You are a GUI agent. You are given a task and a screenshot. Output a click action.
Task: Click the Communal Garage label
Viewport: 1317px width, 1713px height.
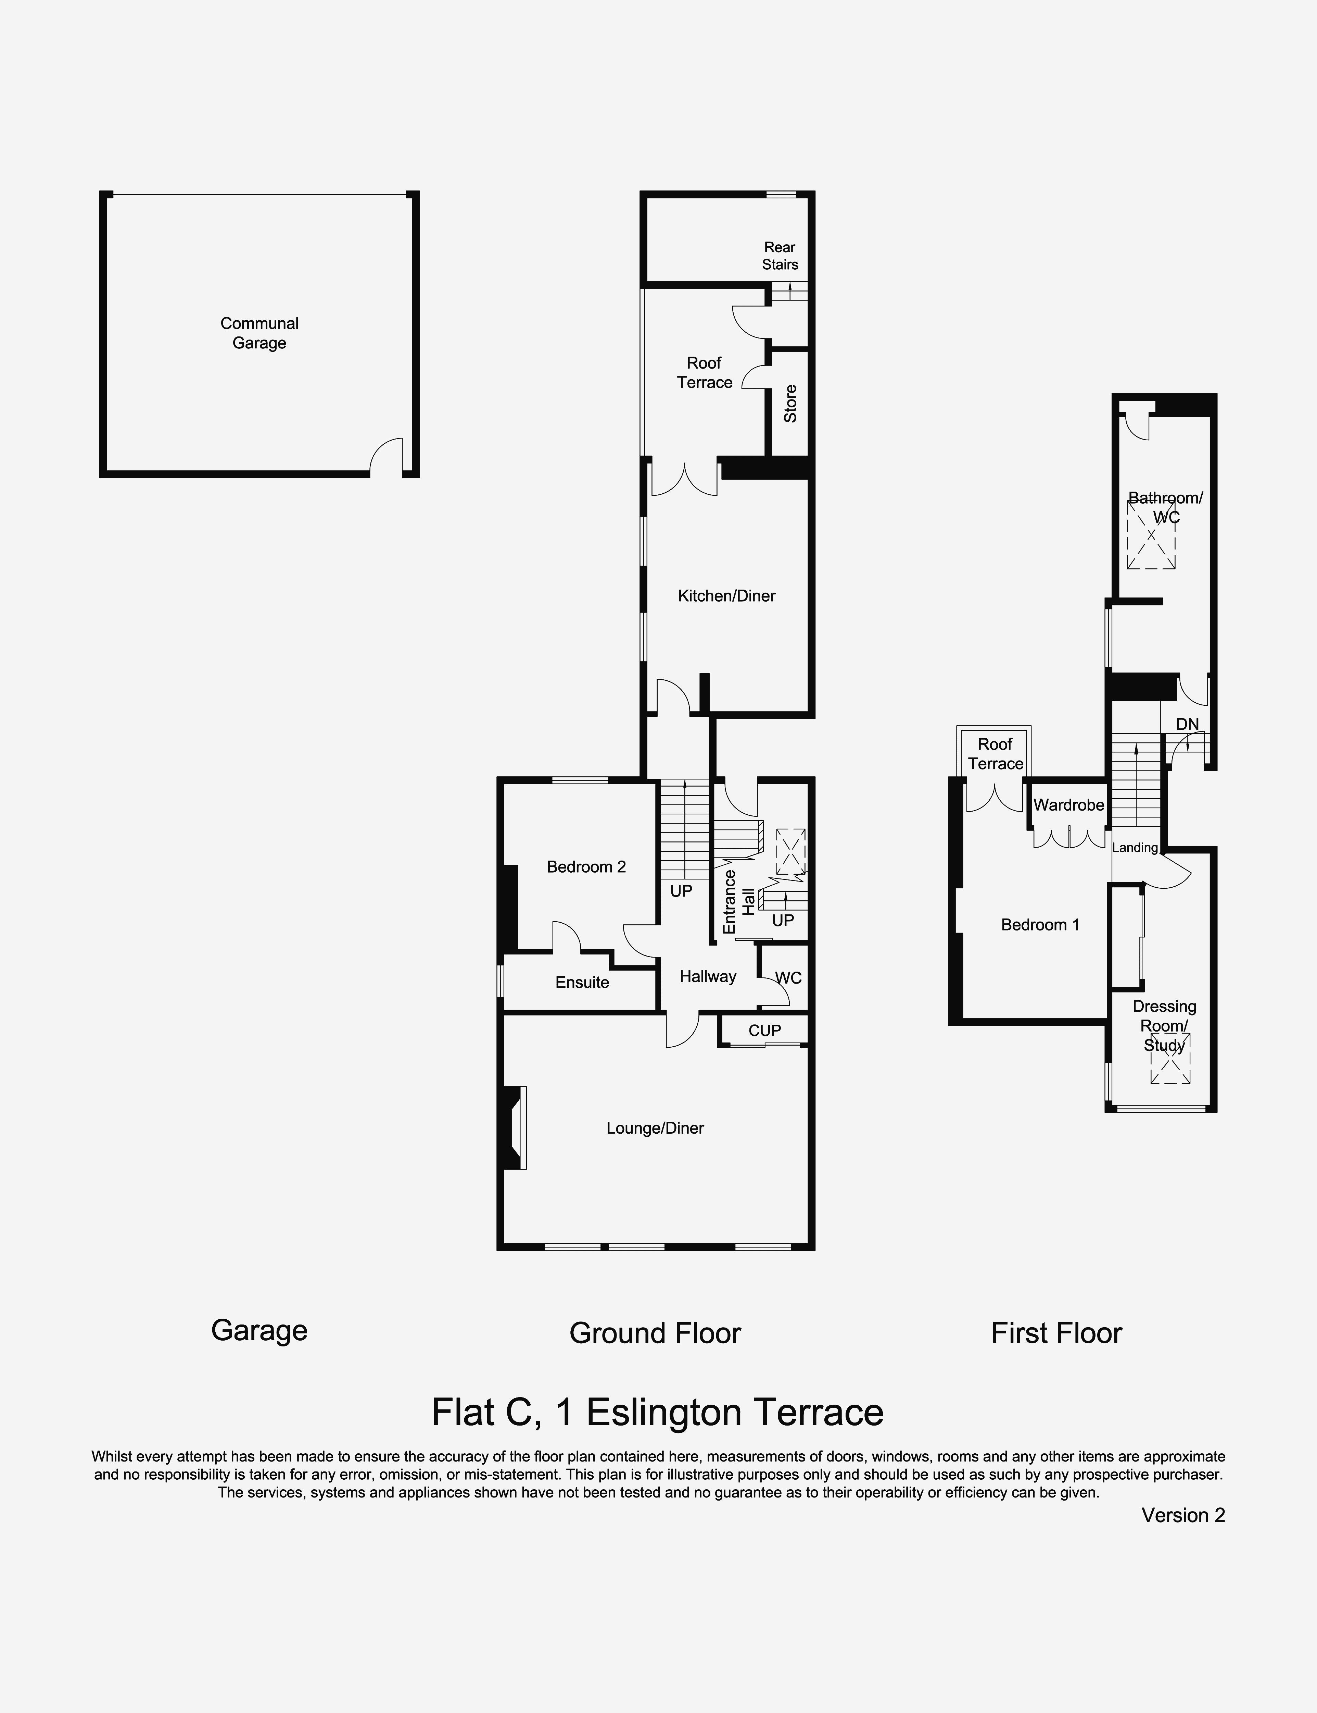pyautogui.click(x=259, y=333)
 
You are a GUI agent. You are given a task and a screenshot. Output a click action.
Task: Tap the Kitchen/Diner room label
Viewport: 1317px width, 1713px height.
pyautogui.click(x=727, y=596)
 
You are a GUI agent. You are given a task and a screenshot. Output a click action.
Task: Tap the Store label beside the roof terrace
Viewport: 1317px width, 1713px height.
pyautogui.click(x=790, y=404)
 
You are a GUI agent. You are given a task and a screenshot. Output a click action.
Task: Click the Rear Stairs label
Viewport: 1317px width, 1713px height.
pyautogui.click(x=780, y=256)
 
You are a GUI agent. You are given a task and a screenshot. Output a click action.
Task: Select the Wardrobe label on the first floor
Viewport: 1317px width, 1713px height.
pyautogui.click(x=1068, y=805)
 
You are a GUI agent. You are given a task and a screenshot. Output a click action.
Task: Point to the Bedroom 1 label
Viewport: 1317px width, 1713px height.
pyautogui.click(x=1040, y=925)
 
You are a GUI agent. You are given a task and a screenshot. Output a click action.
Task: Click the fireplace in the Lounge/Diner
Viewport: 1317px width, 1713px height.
pyautogui.click(x=514, y=1128)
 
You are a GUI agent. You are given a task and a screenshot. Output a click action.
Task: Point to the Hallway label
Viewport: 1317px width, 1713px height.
pyautogui.click(x=708, y=976)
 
